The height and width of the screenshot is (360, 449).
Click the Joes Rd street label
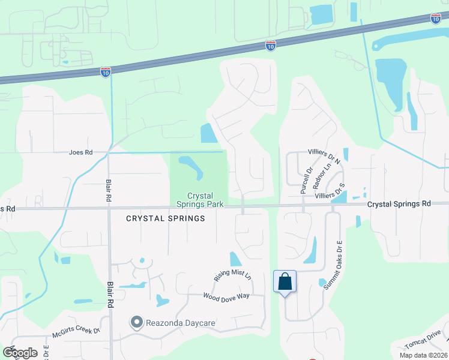click(x=80, y=152)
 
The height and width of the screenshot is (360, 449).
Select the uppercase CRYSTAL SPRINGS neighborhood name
click(x=166, y=218)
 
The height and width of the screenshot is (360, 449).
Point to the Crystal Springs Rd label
click(x=399, y=204)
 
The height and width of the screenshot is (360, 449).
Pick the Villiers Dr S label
click(x=330, y=191)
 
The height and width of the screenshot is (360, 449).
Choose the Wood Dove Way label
click(x=226, y=296)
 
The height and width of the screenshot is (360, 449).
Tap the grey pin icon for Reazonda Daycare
click(x=136, y=323)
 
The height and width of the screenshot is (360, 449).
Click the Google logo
click(x=20, y=352)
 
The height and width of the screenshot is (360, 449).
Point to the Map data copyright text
click(x=423, y=355)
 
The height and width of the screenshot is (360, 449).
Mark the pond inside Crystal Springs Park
click(x=191, y=166)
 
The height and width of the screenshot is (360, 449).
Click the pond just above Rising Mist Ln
click(x=235, y=259)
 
